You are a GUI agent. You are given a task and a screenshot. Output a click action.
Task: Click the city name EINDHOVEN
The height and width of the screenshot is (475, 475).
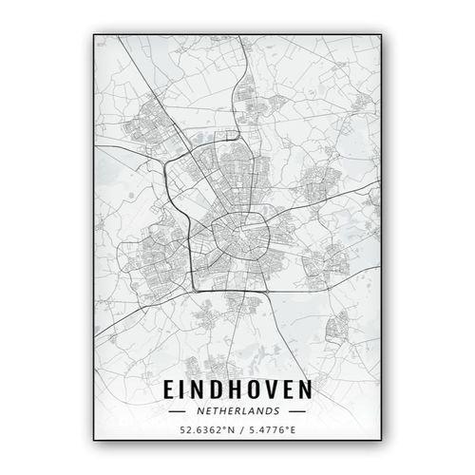237,390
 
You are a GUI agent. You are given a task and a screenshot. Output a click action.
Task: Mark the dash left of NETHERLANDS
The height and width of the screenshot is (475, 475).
177,411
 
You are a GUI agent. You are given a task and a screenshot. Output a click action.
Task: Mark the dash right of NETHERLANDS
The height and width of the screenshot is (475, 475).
296,411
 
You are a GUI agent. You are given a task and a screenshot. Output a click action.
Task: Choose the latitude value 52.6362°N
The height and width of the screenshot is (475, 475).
204,429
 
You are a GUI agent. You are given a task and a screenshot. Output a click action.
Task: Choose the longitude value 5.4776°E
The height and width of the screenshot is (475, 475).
272,429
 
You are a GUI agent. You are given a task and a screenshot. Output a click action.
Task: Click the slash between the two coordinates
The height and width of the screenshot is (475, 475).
238,429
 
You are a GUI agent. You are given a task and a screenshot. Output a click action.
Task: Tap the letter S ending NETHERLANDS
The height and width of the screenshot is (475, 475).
275,411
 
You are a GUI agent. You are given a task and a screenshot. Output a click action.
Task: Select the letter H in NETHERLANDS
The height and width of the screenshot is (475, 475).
222,411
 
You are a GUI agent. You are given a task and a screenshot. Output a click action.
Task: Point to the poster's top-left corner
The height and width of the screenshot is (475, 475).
94,35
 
